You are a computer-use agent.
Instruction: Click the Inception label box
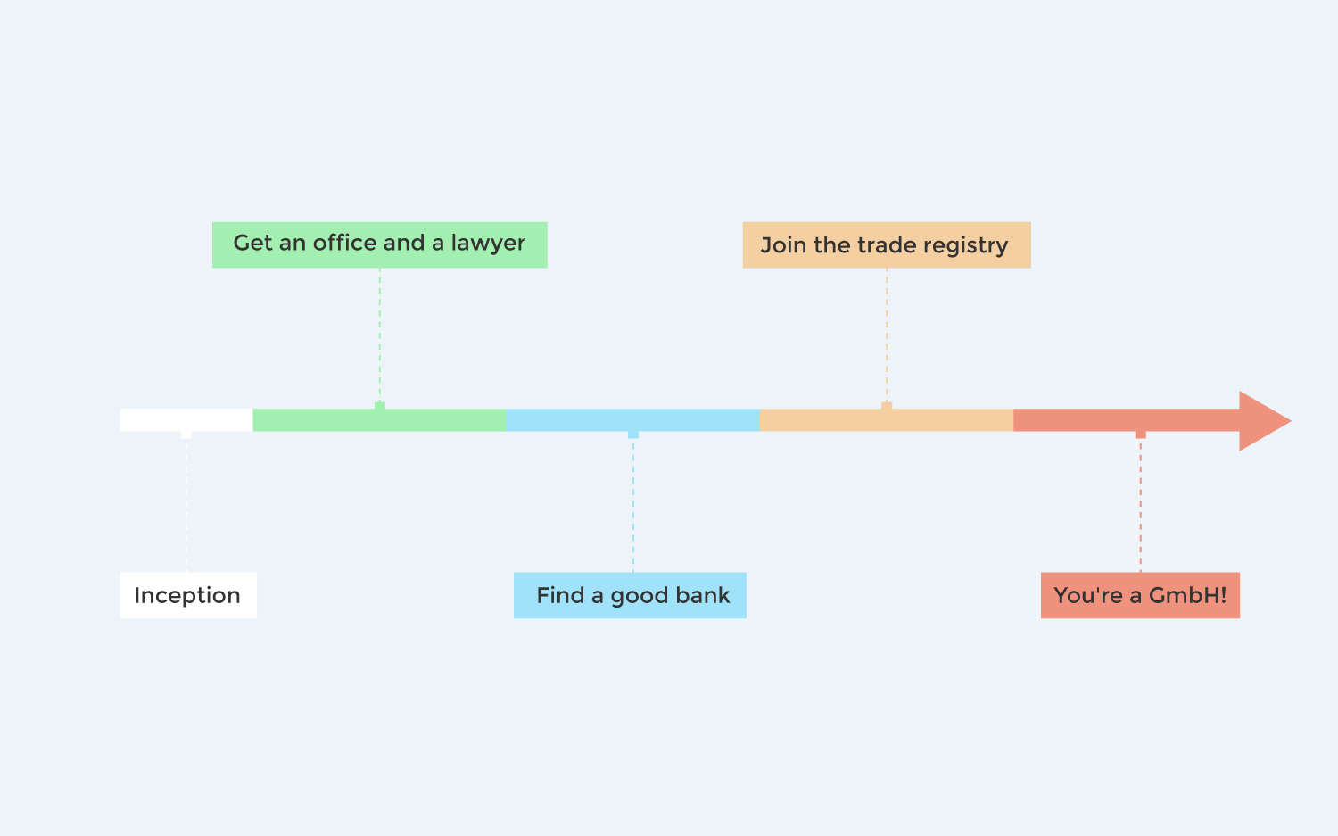coord(188,595)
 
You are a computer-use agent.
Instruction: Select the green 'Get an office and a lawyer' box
coord(379,245)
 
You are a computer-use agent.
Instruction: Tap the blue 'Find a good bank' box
coord(630,595)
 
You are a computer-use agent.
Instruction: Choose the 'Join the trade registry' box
coord(887,245)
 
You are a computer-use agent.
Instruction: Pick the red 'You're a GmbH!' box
coord(1140,595)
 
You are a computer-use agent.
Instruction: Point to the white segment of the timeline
coord(186,420)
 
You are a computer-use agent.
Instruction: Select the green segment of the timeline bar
coord(379,420)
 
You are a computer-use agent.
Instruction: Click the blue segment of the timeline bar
coord(633,420)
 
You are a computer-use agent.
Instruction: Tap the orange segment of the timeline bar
coord(887,420)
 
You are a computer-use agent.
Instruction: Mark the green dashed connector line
coord(379,335)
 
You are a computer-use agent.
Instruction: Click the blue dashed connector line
coord(633,506)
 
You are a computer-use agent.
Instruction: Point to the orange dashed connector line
coord(887,335)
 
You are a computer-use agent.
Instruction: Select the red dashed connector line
coord(1140,506)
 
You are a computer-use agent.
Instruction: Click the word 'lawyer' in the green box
coord(488,244)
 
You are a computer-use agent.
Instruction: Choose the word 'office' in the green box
coord(345,243)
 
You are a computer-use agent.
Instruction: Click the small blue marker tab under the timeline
coord(633,435)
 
